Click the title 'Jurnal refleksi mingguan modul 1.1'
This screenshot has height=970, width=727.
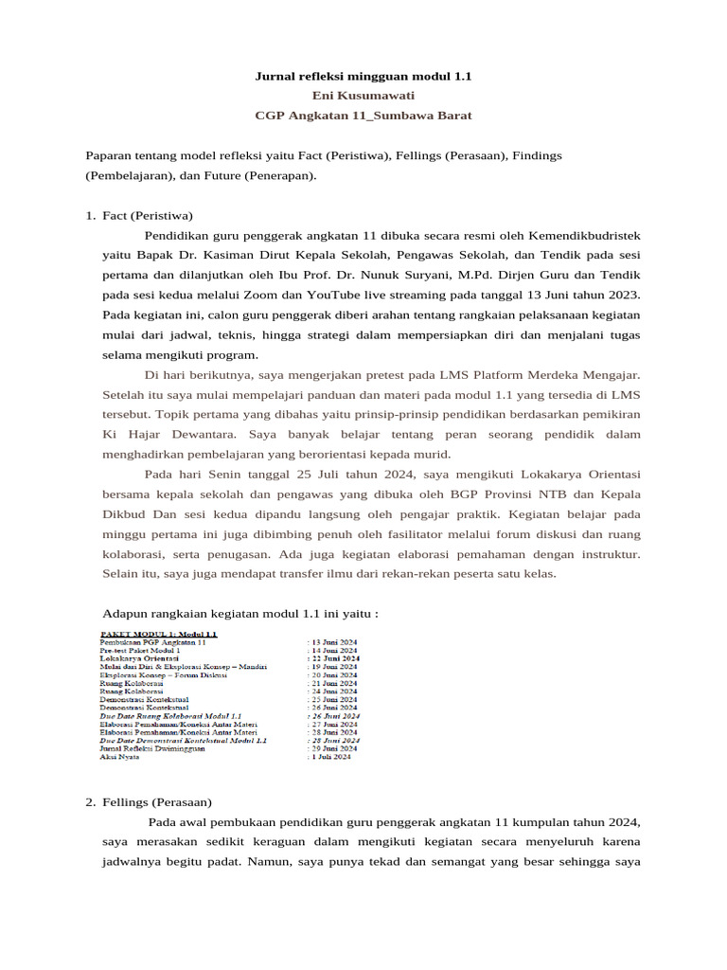point(363,75)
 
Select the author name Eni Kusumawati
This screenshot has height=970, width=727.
point(363,95)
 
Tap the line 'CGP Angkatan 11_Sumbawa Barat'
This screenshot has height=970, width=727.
point(363,116)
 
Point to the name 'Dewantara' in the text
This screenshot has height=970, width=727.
point(202,435)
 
